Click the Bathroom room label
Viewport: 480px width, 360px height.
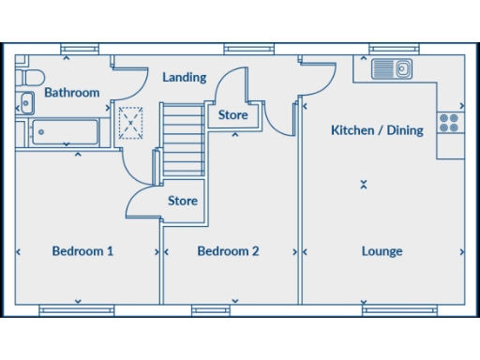(71, 93)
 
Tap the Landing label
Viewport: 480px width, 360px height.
(184, 78)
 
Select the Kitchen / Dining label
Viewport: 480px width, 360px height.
(377, 130)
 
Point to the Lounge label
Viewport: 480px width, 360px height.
(382, 251)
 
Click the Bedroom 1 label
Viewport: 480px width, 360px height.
(82, 251)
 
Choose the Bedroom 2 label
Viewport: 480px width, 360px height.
(228, 251)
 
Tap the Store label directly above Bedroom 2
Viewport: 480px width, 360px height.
(183, 201)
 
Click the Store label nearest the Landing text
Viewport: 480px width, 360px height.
(232, 115)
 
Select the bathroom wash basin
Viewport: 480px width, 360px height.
(25, 104)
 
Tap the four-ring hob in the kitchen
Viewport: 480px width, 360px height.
(449, 124)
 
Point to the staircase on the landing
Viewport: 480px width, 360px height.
(183, 141)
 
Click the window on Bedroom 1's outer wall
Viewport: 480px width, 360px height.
(77, 310)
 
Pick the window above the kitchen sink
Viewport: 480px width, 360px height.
(393, 49)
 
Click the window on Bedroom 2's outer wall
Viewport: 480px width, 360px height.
(211, 310)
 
